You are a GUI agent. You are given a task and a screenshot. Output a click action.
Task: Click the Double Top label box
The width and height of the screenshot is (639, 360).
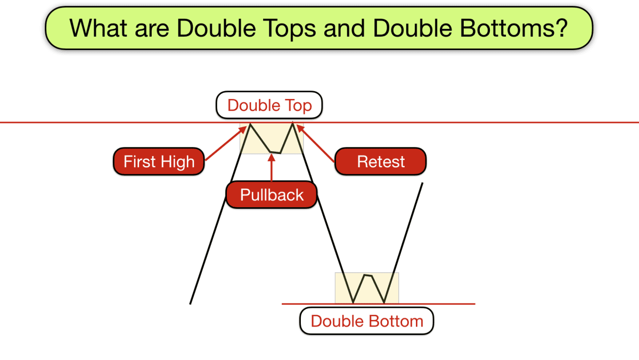pos(269,105)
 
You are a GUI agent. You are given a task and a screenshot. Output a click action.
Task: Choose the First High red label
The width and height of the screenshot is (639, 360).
pos(159,161)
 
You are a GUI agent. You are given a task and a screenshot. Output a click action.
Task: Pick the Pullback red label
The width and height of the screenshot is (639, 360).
pos(272,194)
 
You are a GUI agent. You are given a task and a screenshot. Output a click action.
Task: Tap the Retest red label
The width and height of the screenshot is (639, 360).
pos(381,161)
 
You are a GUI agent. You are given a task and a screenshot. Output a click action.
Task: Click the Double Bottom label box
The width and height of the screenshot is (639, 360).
pos(367,321)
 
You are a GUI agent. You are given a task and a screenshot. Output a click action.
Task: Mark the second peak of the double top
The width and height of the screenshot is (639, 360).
pos(292,125)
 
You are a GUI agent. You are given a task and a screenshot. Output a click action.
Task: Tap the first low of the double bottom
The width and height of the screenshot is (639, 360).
pos(353,302)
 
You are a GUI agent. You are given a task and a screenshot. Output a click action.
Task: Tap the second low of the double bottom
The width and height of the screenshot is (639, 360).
pos(384,302)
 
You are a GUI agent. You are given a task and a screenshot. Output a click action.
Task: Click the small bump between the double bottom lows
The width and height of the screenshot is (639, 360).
pos(367,275)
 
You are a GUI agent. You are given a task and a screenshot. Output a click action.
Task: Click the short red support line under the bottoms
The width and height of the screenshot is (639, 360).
pos(442,304)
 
